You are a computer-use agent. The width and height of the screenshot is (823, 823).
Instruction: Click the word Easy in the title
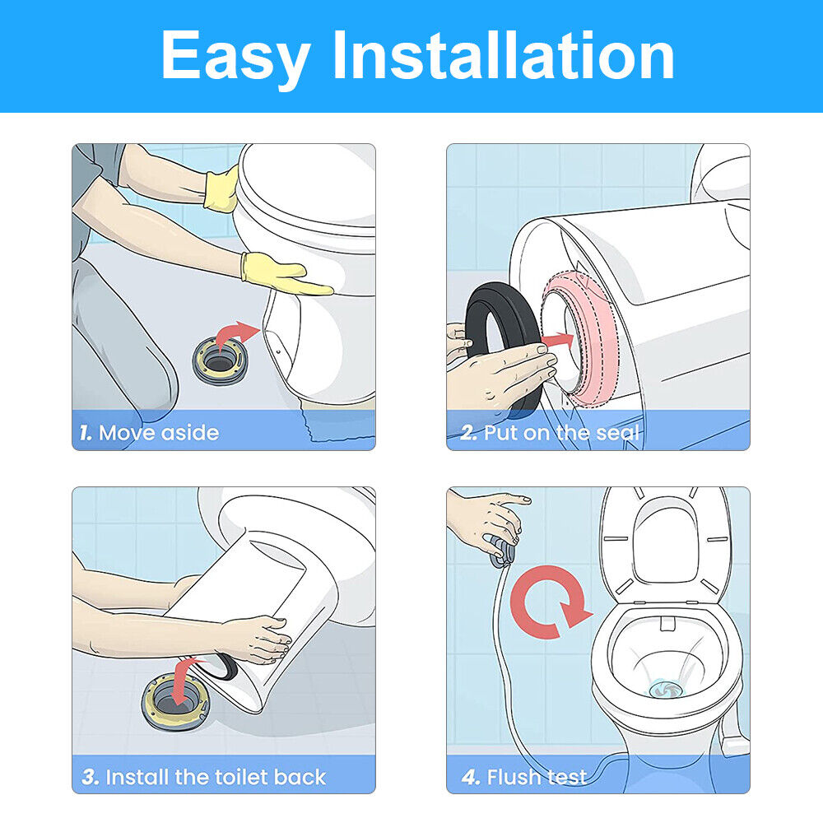[x=235, y=57]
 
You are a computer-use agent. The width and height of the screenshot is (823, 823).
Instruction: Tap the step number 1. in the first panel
[x=86, y=433]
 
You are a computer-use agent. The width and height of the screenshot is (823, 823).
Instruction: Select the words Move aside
[x=159, y=433]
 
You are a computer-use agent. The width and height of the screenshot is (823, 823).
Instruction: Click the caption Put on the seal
[x=561, y=433]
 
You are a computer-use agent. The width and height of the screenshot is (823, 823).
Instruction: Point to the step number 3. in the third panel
[x=91, y=777]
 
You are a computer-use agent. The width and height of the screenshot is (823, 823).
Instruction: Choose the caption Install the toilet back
[x=216, y=777]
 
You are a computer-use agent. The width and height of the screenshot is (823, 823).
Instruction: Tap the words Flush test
[x=537, y=777]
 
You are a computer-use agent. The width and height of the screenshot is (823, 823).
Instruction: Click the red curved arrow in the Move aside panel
[x=235, y=336]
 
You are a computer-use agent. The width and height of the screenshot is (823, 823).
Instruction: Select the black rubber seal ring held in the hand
[x=504, y=336]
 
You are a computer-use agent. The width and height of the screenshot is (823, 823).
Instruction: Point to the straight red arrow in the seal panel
[x=557, y=342]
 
